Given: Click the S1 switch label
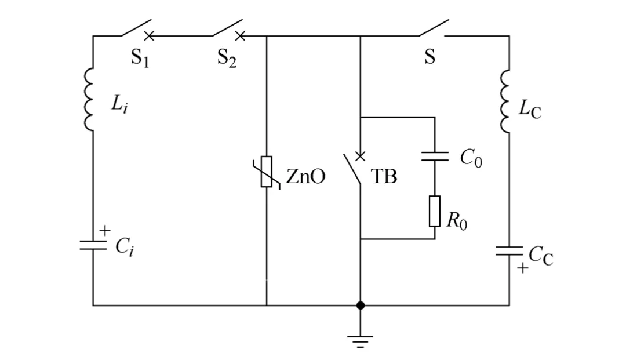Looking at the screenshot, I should point(139,58).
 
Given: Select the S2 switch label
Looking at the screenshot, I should point(227,58).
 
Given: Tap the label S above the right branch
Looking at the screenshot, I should point(430,57).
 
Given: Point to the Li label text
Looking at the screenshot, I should point(119,105).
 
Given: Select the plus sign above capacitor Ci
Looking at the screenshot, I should point(104,231).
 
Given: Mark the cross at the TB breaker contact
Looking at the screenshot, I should point(360,155).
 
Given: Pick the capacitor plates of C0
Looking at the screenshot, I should point(435,156).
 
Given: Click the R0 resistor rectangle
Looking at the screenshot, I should point(435,211).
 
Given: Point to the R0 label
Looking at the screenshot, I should point(457,221).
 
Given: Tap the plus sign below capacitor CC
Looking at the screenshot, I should point(522,268).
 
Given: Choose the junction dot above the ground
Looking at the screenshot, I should point(360,305).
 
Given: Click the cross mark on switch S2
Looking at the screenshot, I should point(240,37).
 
